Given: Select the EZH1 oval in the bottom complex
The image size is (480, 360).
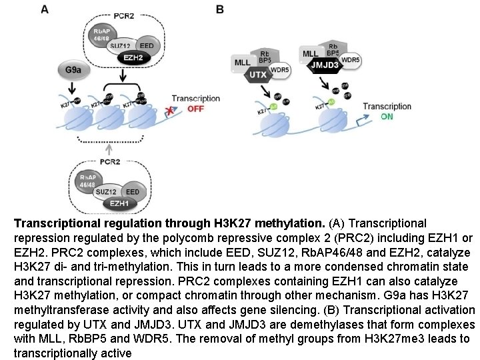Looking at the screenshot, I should click(119, 203).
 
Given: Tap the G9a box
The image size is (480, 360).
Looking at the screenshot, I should click(73, 69).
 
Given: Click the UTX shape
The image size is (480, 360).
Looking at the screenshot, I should click(257, 75).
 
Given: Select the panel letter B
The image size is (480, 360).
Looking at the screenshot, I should click(221, 9).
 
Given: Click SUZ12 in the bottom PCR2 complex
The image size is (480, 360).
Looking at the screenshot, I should click(105, 191).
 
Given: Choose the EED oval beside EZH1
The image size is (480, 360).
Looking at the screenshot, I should click(133, 191).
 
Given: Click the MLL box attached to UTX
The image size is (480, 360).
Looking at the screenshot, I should click(242, 63).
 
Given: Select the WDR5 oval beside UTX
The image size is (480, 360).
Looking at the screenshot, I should click(281, 69).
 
